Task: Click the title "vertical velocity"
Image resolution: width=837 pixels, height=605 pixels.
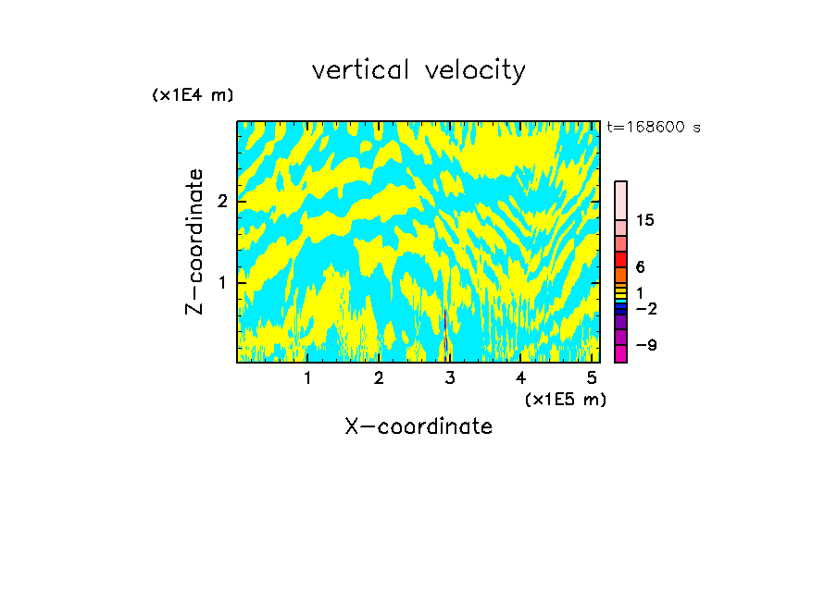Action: (x=418, y=70)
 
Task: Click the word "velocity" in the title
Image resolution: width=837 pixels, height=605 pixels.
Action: (x=473, y=70)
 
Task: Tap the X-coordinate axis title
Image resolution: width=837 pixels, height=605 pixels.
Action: (x=418, y=426)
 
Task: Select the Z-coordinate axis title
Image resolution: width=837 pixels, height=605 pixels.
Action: (x=194, y=241)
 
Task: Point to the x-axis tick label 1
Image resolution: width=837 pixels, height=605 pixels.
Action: (x=307, y=378)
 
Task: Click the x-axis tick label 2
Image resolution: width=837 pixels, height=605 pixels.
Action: (x=379, y=378)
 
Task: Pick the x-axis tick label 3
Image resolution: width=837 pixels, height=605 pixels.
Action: (x=450, y=378)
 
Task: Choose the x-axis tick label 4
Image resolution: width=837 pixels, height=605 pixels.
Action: (x=520, y=378)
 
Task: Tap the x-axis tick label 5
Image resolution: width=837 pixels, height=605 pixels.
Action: (x=592, y=378)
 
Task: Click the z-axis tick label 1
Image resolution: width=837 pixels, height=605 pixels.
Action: (x=222, y=281)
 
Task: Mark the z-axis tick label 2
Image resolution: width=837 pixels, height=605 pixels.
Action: (x=222, y=202)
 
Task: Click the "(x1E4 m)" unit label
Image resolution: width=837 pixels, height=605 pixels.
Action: (x=193, y=95)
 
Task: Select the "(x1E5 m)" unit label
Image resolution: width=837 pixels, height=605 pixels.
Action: (x=565, y=399)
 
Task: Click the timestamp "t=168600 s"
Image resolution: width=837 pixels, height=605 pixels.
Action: (x=653, y=128)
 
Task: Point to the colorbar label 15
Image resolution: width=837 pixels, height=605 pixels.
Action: (x=645, y=220)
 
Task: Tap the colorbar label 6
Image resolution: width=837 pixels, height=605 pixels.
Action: (x=640, y=266)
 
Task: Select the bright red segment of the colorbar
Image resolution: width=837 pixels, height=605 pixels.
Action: (x=620, y=259)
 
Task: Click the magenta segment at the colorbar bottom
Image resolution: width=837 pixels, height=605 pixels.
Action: (x=620, y=353)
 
